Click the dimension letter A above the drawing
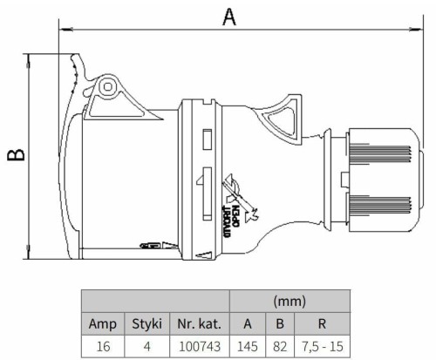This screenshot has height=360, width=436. (x=229, y=17)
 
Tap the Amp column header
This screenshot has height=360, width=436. (x=103, y=323)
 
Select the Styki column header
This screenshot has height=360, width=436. (x=146, y=323)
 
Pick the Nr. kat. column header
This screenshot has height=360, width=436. (x=200, y=323)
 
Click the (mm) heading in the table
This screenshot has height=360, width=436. (x=290, y=302)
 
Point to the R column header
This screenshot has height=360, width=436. (x=322, y=323)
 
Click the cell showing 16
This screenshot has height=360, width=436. (x=103, y=346)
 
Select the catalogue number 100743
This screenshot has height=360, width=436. (x=200, y=346)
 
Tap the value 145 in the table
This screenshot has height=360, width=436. (x=248, y=346)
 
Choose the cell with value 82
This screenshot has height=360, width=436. (x=280, y=346)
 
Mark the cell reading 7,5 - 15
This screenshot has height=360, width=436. (x=323, y=346)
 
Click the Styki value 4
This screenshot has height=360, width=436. (x=147, y=346)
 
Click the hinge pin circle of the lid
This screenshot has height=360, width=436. (x=108, y=87)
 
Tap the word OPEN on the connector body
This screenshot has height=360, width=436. (x=235, y=216)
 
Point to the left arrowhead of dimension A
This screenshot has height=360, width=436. (x=65, y=29)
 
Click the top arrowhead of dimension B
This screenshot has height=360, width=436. (x=28, y=60)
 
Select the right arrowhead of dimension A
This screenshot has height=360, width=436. (x=416, y=29)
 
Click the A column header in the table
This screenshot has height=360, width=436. (x=248, y=323)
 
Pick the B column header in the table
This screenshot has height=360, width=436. (x=280, y=323)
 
